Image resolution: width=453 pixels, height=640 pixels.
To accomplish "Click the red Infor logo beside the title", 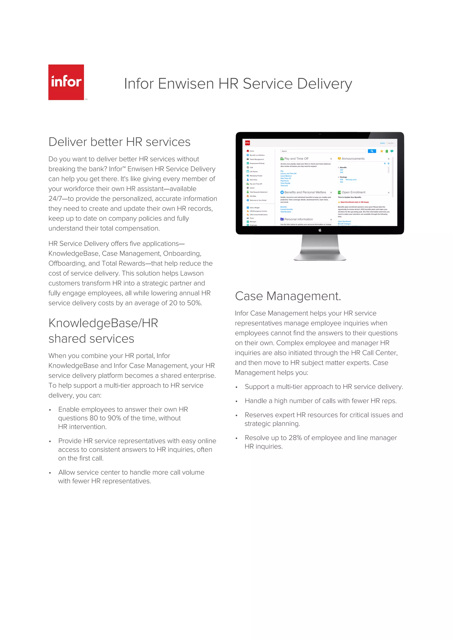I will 66,82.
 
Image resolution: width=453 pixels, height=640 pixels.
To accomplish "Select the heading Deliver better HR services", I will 119,142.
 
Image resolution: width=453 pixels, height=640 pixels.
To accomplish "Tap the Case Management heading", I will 288,296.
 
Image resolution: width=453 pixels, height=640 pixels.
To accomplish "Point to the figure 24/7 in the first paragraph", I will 55,199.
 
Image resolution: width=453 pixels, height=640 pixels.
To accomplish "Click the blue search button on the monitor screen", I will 372,151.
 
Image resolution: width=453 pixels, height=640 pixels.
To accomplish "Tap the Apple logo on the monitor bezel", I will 320,230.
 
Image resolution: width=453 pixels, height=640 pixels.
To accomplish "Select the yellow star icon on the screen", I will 382,151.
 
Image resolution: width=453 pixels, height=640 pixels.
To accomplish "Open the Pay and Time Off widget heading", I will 296,159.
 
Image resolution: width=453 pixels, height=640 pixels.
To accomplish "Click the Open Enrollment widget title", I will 353,192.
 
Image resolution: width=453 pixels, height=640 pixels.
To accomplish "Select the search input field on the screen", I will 323,151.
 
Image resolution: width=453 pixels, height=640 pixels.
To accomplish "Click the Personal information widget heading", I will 298,219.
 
